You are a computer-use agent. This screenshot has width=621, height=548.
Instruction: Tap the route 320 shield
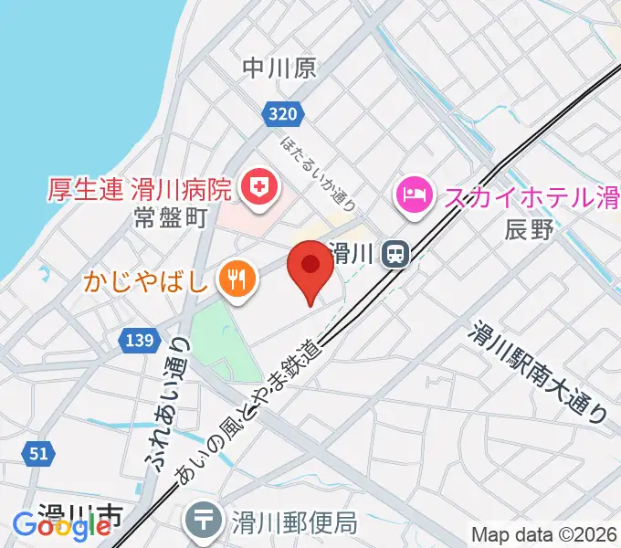coord(283,113)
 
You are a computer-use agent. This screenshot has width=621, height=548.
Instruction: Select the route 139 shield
coord(136,340)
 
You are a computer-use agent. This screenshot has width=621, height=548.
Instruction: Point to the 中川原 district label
coord(279,68)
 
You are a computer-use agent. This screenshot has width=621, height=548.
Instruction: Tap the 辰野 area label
coord(529,230)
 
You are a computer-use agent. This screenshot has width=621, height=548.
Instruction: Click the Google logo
coord(61,526)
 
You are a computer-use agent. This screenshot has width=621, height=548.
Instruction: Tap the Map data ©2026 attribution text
coord(544,534)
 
